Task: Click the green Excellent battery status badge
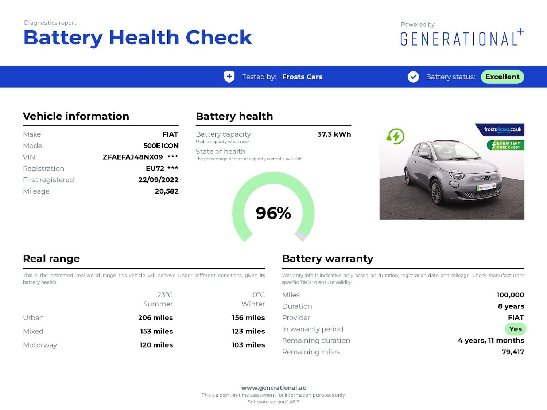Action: [502, 77]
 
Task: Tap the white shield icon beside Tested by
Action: [229, 77]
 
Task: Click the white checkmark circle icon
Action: [413, 77]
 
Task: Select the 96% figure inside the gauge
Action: [273, 213]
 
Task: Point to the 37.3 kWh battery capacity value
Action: [334, 134]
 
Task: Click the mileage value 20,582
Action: [167, 191]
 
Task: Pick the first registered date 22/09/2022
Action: [158, 180]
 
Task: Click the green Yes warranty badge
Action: [515, 329]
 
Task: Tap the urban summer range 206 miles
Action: [155, 318]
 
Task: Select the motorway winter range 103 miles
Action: [248, 345]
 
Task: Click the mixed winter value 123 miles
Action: [248, 331]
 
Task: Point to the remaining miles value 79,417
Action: [513, 352]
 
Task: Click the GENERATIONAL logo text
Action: [459, 39]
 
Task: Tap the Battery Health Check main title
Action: [137, 38]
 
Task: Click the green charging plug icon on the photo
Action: [396, 137]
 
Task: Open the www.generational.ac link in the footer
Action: [273, 388]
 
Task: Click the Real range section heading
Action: [51, 259]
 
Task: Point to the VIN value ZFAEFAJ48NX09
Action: [133, 157]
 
